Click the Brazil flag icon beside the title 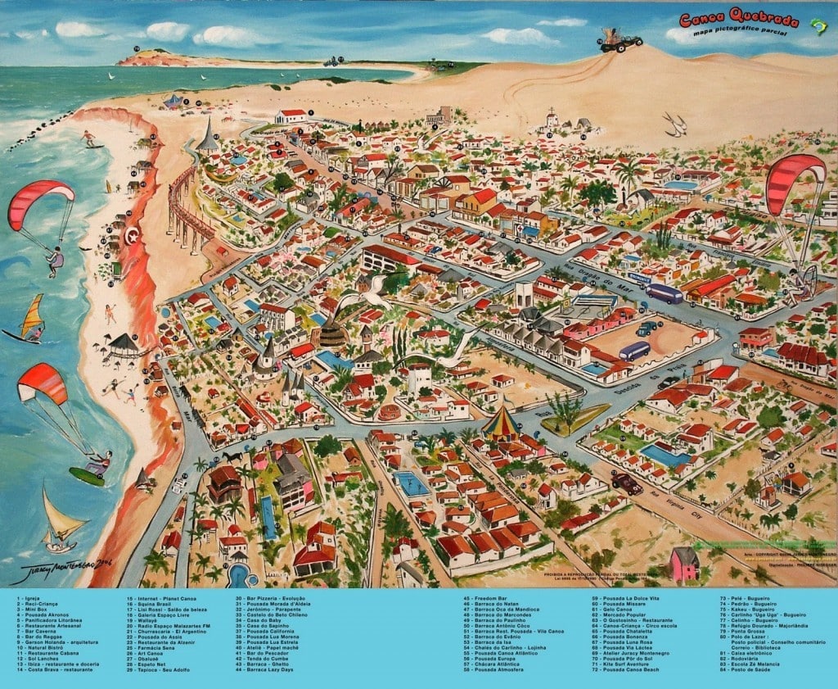pyautogui.click(x=814, y=25)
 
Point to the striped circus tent pyautogui.click(x=499, y=424)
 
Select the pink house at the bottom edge pyautogui.click(x=685, y=564)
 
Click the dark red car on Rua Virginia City pyautogui.click(x=627, y=483)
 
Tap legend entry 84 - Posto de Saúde pyautogui.click(x=746, y=669)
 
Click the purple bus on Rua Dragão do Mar pyautogui.click(x=664, y=293)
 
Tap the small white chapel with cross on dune pyautogui.click(x=552, y=121)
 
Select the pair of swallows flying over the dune pyautogui.click(x=675, y=124)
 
